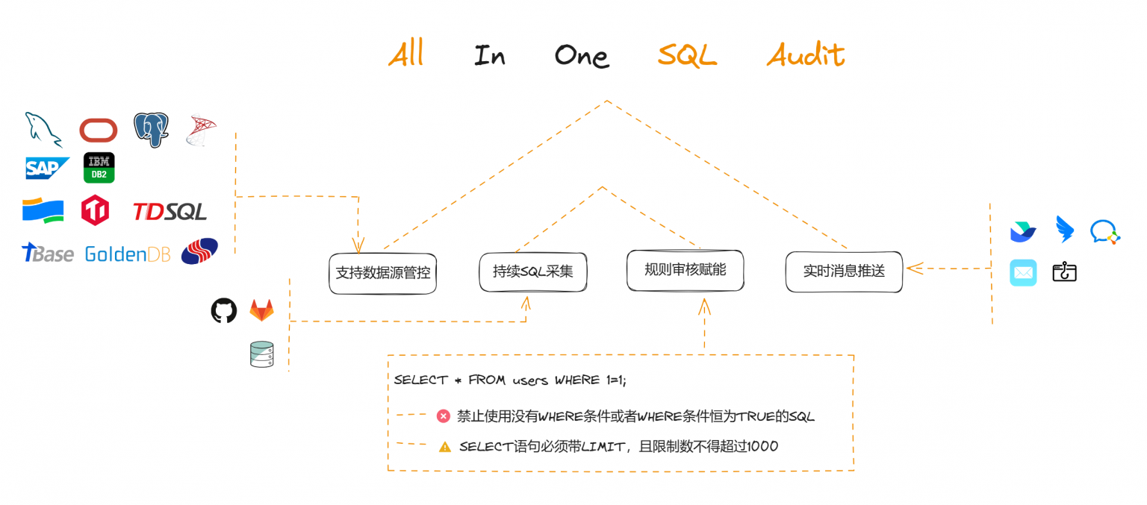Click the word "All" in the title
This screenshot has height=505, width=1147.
click(x=406, y=54)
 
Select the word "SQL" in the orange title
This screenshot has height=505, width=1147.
click(x=686, y=55)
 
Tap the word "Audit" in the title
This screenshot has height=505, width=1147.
click(x=805, y=55)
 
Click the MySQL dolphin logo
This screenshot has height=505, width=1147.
click(x=44, y=128)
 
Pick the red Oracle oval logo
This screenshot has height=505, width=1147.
click(x=99, y=131)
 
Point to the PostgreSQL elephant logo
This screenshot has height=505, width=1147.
click(x=151, y=129)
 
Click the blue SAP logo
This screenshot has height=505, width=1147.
click(x=46, y=168)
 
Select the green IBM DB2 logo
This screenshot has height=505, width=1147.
click(x=99, y=168)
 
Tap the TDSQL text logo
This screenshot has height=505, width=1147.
click(x=170, y=212)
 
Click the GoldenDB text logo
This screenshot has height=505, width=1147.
click(x=127, y=254)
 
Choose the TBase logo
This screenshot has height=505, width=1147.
click(x=47, y=254)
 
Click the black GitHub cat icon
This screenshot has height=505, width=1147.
click(x=223, y=310)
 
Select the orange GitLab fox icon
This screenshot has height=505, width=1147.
click(x=261, y=310)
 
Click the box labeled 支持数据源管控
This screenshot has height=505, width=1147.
click(x=382, y=273)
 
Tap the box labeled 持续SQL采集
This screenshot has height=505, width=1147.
click(x=532, y=272)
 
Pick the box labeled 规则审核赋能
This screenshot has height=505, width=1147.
click(x=685, y=269)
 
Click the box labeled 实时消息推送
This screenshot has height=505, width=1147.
click(x=844, y=272)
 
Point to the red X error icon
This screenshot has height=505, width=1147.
click(x=443, y=416)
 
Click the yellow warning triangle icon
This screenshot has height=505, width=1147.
click(x=445, y=447)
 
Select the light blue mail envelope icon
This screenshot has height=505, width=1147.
click(x=1023, y=273)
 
